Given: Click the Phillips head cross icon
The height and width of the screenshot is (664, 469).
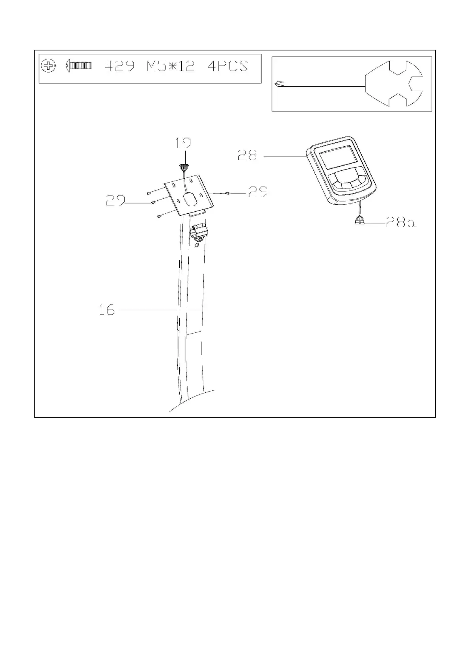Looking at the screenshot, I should coord(48,65).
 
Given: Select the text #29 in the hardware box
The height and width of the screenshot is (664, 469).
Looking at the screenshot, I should coord(119,65).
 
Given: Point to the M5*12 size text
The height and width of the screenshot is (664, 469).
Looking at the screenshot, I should coord(170,65).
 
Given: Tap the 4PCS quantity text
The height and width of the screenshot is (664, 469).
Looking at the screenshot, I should coord(227,65).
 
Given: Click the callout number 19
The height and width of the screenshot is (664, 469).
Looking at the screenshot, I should coord(183,143).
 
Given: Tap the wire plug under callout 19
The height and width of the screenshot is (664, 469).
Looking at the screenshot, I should coord(183,168).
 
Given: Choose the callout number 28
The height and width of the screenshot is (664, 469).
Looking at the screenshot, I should coord(247,155).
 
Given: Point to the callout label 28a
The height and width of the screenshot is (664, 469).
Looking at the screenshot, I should coord(400,223).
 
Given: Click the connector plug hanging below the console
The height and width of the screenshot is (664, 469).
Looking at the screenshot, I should coord(359,222).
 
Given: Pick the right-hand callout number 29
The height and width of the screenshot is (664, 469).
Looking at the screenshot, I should coord(258,192).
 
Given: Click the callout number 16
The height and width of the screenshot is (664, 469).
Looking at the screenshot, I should coord(107,310).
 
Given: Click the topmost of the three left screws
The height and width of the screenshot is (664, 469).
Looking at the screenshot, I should coord(149,194).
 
